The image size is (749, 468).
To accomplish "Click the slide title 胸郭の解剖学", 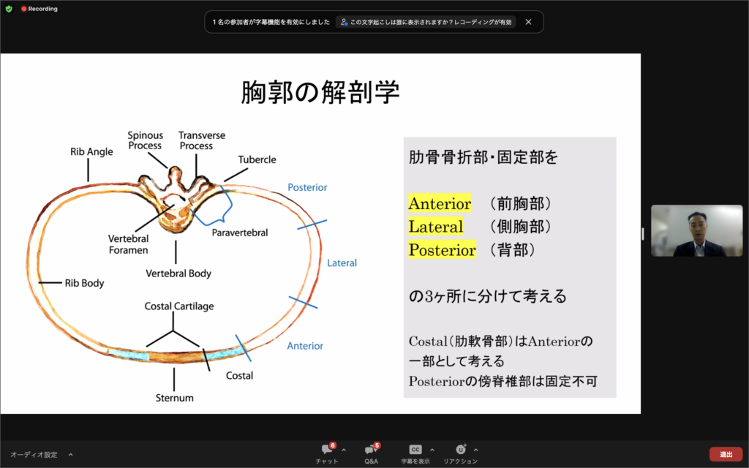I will point(320,93).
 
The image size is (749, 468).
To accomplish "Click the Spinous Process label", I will point(145,140).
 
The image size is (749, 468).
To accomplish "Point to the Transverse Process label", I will point(202,140).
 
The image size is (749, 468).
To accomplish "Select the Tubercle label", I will point(256,159).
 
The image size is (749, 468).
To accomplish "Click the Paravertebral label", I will point(240,233).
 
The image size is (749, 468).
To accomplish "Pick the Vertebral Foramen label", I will point(128,244).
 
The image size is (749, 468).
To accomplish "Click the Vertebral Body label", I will point(179,273).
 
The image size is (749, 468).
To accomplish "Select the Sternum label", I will point(174,398).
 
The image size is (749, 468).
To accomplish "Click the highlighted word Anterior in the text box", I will point(440,203).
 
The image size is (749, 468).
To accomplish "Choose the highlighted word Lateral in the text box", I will point(436,227).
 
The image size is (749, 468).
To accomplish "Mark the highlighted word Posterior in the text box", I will point(442,250).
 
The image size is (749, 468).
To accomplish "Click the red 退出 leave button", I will point(726,454).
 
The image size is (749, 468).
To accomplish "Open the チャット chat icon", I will point(327,450).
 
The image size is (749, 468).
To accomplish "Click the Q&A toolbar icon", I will point(372,450).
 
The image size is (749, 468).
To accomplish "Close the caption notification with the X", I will point(528,22).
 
